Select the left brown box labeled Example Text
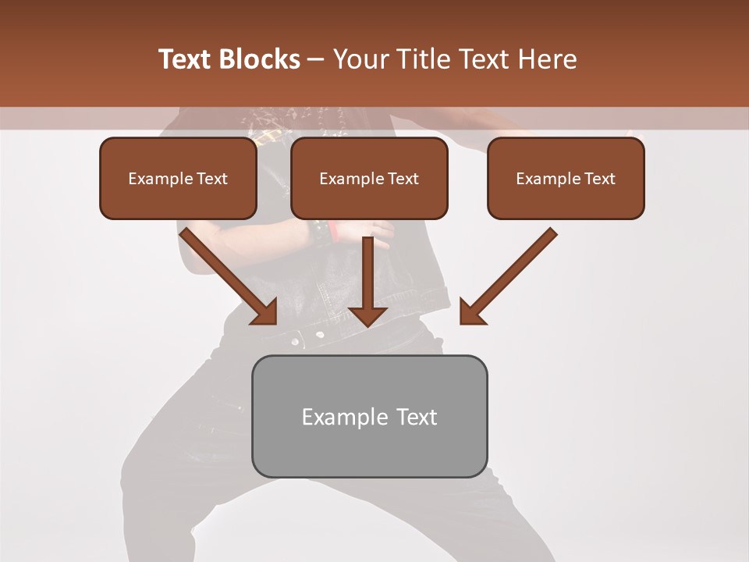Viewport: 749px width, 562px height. pos(178,179)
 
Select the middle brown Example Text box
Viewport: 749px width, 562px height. pos(369,179)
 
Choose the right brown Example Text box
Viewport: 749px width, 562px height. pos(566,179)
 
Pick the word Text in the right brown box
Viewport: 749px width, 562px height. pos(599,179)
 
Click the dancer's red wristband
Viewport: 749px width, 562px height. pos(332,232)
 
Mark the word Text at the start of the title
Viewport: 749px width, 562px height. pos(186,59)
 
